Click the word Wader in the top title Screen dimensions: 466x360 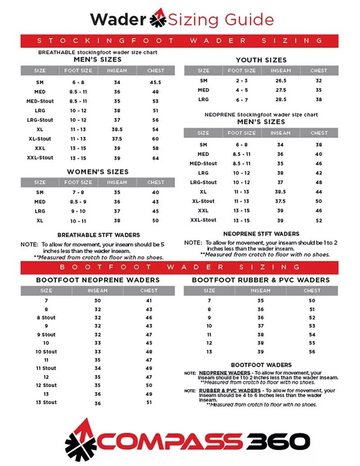(118, 19)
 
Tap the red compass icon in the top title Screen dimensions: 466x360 (158, 18)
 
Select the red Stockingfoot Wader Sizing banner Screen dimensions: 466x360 (180, 40)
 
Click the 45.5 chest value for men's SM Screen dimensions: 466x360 (156, 82)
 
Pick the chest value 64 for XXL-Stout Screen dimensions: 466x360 (156, 158)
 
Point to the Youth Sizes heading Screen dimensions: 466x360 (261, 60)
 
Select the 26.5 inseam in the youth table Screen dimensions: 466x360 (281, 81)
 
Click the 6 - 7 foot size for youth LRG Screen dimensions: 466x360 (242, 99)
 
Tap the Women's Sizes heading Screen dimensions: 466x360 (98, 172)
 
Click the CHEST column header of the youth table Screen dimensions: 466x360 (319, 71)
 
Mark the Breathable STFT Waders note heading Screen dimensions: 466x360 (99, 235)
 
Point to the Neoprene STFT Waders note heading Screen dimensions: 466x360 (261, 234)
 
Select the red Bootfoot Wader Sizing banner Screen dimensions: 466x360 (180, 267)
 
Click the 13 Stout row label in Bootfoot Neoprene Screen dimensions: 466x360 (46, 402)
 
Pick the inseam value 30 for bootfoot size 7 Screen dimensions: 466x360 (98, 300)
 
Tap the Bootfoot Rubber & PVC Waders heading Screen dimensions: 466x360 (261, 280)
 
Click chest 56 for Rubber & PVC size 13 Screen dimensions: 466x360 (312, 351)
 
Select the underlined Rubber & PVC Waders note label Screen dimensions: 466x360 (229, 390)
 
